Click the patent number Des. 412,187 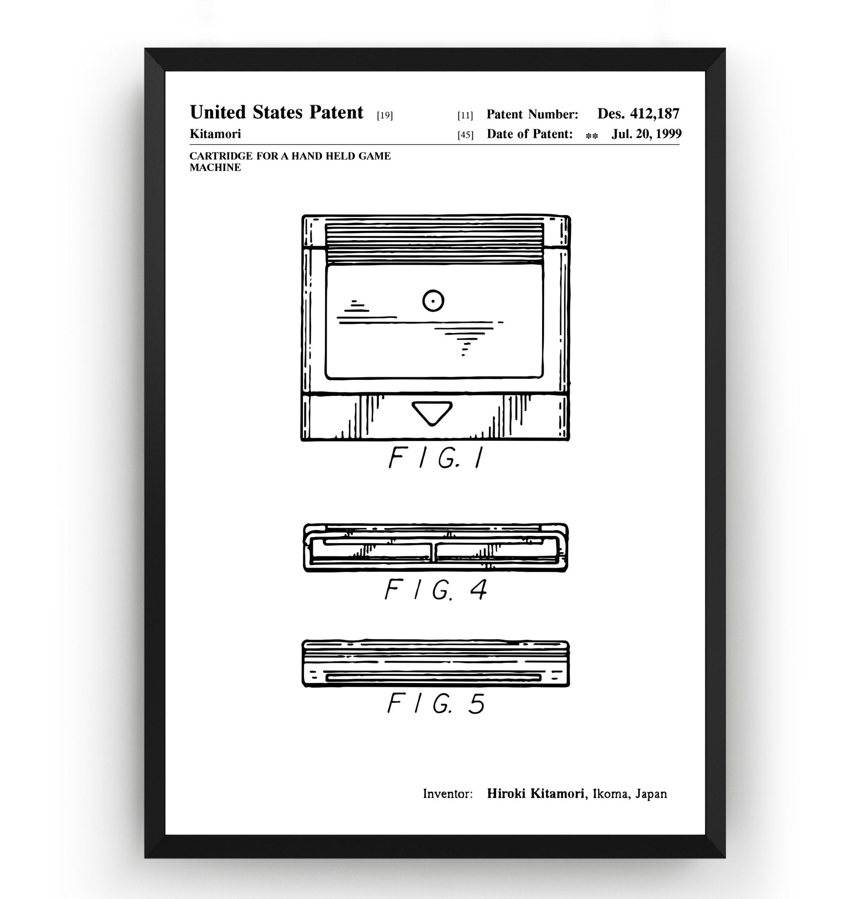(x=638, y=114)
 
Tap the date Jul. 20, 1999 (x=647, y=134)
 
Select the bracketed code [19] (x=385, y=115)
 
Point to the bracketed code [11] (x=465, y=115)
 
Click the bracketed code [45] (x=465, y=135)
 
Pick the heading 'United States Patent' (x=277, y=112)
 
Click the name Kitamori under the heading (x=215, y=134)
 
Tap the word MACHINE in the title (x=215, y=167)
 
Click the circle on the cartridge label (x=433, y=301)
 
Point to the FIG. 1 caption (x=436, y=457)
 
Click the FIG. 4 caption (x=436, y=589)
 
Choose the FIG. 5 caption (x=436, y=703)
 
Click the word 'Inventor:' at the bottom (x=448, y=794)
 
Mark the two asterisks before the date (x=592, y=136)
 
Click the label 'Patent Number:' (x=532, y=115)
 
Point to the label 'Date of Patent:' (x=529, y=134)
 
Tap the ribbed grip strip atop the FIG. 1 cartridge (x=435, y=243)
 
